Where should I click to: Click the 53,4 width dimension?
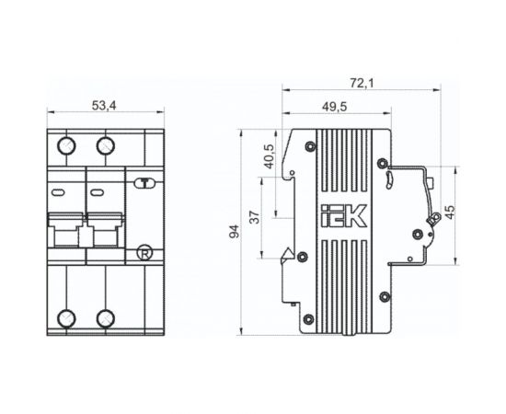pyautogui.click(x=104, y=106)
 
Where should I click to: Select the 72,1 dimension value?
pyautogui.click(x=362, y=83)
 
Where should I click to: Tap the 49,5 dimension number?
pyautogui.click(x=334, y=107)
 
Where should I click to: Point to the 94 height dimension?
pyautogui.click(x=235, y=231)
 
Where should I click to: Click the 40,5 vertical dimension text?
pyautogui.click(x=269, y=156)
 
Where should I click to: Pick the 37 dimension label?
pyautogui.click(x=255, y=217)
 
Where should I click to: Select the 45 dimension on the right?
pyautogui.click(x=450, y=212)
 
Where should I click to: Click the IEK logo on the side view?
pyautogui.click(x=344, y=215)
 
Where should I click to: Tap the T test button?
pyautogui.click(x=144, y=183)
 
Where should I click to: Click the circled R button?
pyautogui.click(x=144, y=253)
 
